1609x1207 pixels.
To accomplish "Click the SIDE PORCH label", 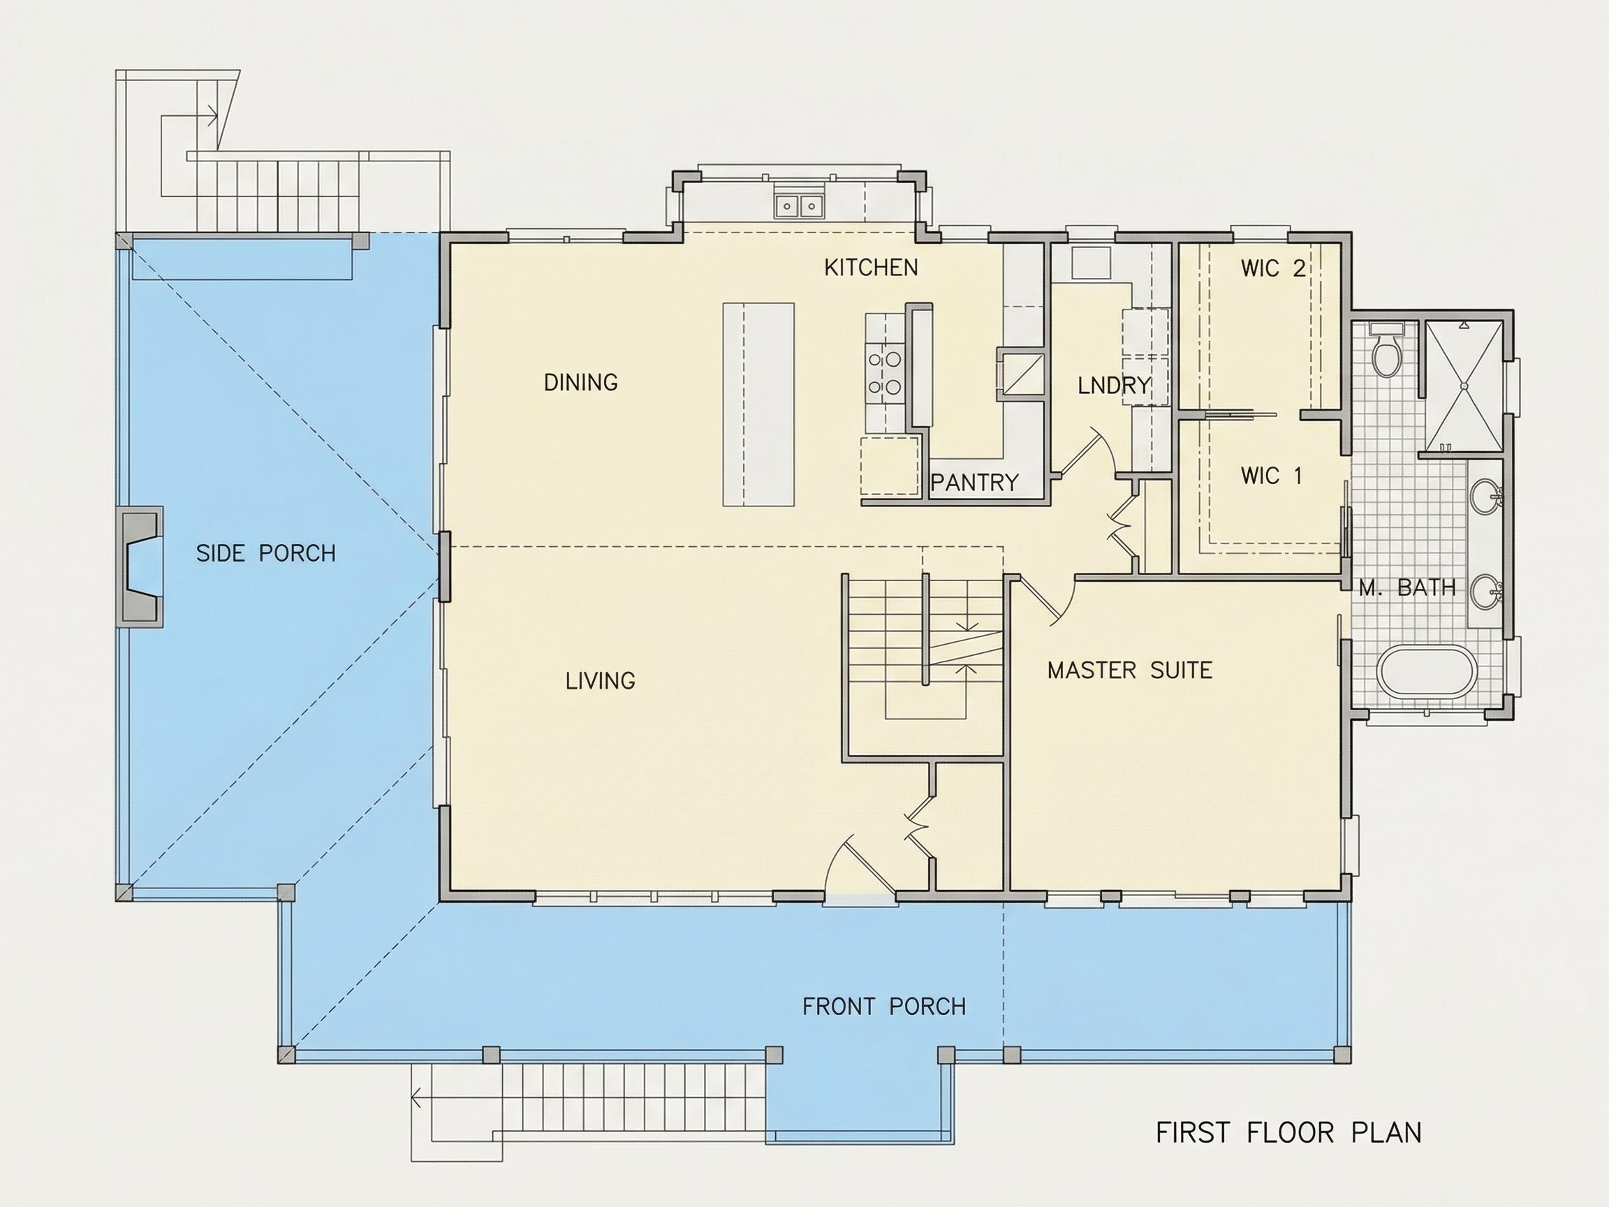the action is pyautogui.click(x=265, y=554).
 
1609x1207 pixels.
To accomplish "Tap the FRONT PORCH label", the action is pyautogui.click(x=884, y=1007).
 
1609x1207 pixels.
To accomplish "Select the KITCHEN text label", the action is pyautogui.click(x=871, y=268).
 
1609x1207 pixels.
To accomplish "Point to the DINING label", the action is pyautogui.click(x=580, y=382).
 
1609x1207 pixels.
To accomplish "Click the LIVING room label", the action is pyautogui.click(x=600, y=681).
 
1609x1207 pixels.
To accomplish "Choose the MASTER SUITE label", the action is pyautogui.click(x=1130, y=670).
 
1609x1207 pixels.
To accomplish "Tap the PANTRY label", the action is pyautogui.click(x=975, y=483).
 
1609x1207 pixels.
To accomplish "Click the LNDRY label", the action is pyautogui.click(x=1115, y=386).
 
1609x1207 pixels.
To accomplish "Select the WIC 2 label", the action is pyautogui.click(x=1273, y=268).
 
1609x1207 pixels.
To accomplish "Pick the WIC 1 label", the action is pyautogui.click(x=1271, y=476).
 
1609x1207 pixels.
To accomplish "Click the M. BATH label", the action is pyautogui.click(x=1407, y=588).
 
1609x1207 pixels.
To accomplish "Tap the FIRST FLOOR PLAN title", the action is pyautogui.click(x=1288, y=1133).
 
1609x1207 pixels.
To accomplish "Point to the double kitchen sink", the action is pyautogui.click(x=799, y=206).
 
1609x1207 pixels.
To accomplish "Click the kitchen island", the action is pyautogui.click(x=758, y=404).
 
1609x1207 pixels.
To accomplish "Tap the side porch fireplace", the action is pyautogui.click(x=142, y=566).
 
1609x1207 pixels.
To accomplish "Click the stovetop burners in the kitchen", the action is pyautogui.click(x=885, y=373).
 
